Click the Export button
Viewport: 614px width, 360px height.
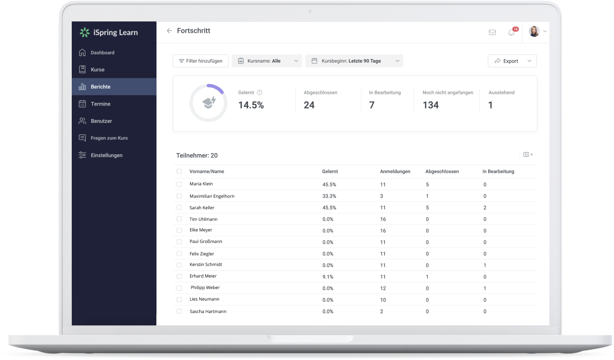point(512,61)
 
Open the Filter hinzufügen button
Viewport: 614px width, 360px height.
point(200,61)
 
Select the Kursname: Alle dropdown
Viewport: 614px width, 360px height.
point(267,61)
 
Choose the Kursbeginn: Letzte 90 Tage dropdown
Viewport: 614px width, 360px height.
point(354,61)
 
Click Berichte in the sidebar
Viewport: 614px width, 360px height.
point(101,87)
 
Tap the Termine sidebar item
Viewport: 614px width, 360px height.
point(101,104)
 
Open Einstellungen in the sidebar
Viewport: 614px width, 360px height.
point(106,155)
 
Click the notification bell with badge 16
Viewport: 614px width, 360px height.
point(511,32)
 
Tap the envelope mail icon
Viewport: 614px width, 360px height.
point(492,32)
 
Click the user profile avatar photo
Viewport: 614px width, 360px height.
point(534,31)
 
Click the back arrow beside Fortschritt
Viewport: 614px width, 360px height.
point(169,31)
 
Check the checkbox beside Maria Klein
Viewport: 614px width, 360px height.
point(179,184)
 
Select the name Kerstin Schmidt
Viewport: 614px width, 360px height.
point(206,265)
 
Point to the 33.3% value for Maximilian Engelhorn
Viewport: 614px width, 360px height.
point(329,196)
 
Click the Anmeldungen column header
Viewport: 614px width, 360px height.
point(395,172)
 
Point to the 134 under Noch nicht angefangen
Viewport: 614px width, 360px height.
point(431,105)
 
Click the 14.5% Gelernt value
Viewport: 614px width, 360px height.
point(251,105)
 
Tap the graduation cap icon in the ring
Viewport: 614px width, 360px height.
point(208,102)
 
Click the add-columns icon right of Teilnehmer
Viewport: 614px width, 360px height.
point(528,155)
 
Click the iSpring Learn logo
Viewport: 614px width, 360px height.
point(109,32)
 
